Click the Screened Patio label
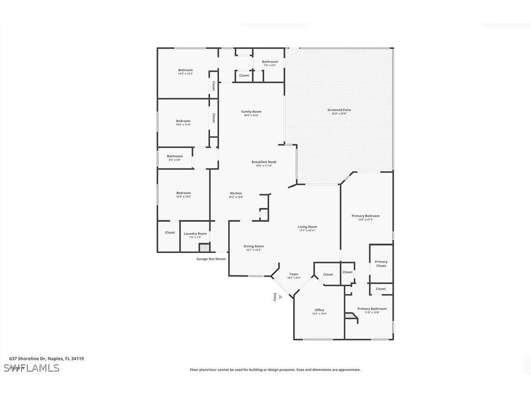[339, 110]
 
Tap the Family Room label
[251, 112]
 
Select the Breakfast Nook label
[264, 162]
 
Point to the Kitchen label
[236, 193]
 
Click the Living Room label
[307, 227]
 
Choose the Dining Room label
[254, 247]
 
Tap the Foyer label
[294, 274]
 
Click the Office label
[319, 310]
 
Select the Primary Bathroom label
[372, 309]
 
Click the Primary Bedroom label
[365, 216]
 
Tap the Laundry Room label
[195, 234]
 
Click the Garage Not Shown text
[211, 259]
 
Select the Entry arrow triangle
[280, 296]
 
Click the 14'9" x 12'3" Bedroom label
[185, 70]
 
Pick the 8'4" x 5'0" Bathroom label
[174, 157]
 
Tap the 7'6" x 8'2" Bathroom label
[270, 62]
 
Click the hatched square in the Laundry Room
[203, 248]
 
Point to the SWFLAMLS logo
[31, 368]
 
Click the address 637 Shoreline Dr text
[46, 358]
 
